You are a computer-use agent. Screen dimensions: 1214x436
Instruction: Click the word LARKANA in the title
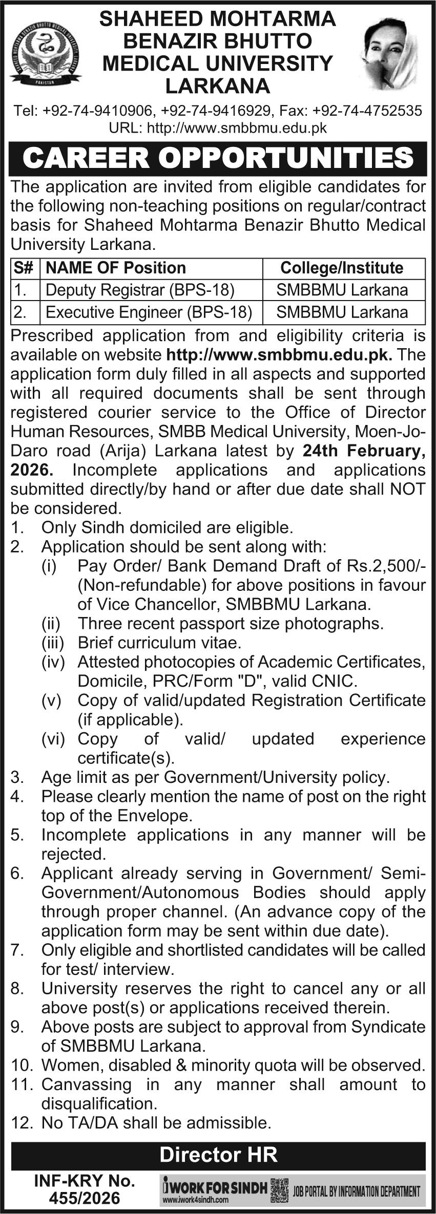click(217, 86)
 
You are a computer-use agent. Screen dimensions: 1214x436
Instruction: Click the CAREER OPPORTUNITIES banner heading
click(218, 158)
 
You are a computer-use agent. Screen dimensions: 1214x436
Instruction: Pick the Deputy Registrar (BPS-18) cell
click(140, 290)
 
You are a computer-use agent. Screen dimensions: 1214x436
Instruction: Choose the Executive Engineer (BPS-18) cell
click(149, 312)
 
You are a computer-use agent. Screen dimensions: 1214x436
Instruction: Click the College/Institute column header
click(342, 268)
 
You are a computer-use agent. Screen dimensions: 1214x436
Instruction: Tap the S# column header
click(25, 268)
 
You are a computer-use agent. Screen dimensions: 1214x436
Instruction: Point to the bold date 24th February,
click(364, 451)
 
